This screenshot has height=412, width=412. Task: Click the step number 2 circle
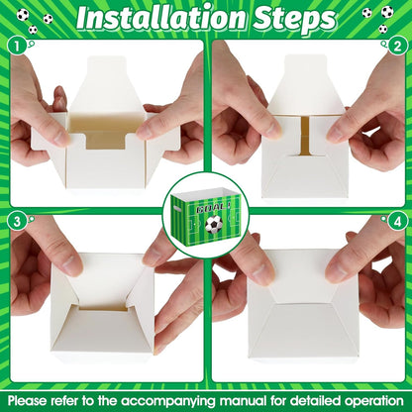tap(397, 47)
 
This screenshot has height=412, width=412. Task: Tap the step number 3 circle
tap(17, 222)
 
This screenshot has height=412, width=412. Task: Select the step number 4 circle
tap(397, 222)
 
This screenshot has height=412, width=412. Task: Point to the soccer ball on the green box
tap(214, 225)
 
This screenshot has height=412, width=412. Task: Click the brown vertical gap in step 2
tap(305, 136)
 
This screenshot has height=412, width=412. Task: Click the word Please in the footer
tap(27, 401)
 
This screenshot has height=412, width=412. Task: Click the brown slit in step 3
tap(103, 309)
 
